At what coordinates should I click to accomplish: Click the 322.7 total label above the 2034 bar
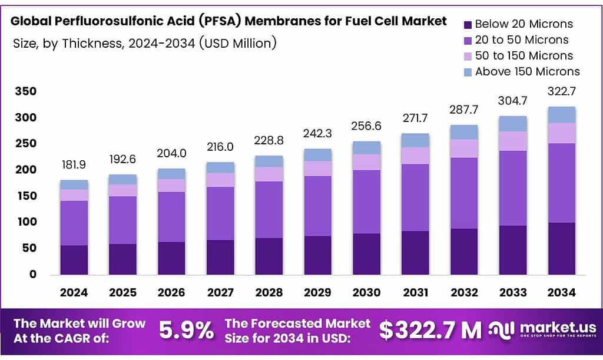click(x=562, y=91)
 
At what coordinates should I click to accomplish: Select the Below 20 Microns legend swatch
click(x=468, y=25)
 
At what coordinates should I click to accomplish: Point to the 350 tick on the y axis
click(x=25, y=91)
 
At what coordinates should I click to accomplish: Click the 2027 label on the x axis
click(x=220, y=292)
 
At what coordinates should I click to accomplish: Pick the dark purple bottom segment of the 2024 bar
click(x=74, y=260)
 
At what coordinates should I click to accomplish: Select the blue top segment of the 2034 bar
click(x=562, y=115)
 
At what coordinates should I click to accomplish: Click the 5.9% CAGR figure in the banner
click(x=187, y=330)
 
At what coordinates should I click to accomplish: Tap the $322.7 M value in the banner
click(x=430, y=330)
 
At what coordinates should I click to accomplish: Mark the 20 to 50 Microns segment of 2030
click(x=366, y=202)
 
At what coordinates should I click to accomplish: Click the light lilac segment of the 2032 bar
click(x=463, y=148)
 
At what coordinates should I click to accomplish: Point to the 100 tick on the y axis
click(x=25, y=222)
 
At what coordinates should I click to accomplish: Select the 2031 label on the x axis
click(x=415, y=292)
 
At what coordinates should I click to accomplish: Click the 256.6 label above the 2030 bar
click(x=366, y=126)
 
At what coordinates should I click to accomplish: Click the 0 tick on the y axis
click(x=33, y=275)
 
